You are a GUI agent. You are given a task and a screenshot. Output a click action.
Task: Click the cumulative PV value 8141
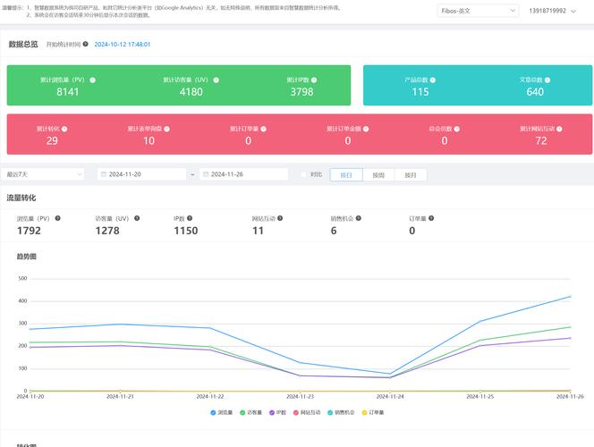(x=68, y=91)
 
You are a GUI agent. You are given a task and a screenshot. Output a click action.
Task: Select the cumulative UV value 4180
(x=191, y=91)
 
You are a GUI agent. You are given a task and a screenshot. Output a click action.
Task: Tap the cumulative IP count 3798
(x=301, y=91)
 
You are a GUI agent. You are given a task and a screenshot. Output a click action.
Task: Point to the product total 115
(x=420, y=91)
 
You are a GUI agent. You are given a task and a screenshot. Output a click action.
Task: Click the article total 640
(x=535, y=91)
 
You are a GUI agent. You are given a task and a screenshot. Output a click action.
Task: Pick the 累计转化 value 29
(x=52, y=140)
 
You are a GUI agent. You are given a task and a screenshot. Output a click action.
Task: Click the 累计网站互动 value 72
(x=540, y=140)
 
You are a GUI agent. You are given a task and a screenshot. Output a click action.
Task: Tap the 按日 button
(x=346, y=175)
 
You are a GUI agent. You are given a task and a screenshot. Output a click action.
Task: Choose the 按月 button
(x=411, y=175)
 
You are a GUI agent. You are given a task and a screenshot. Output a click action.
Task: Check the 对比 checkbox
(x=303, y=175)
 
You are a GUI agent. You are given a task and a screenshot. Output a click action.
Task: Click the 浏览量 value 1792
(x=30, y=231)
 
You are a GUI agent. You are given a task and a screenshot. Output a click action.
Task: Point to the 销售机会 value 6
(x=334, y=231)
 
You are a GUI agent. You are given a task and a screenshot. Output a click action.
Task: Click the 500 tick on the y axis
(x=23, y=278)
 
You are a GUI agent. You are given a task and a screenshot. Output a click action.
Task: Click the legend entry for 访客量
(x=253, y=412)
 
